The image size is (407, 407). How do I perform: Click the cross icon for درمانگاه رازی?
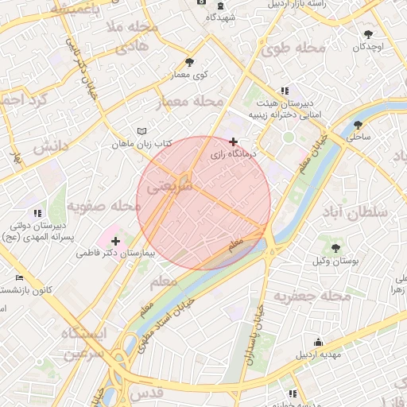pyautogui.click(x=233, y=141)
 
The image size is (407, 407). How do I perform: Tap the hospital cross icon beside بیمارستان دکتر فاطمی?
pyautogui.click(x=116, y=241)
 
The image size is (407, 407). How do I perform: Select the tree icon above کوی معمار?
pyautogui.click(x=188, y=62)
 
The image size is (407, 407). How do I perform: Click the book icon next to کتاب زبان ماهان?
pyautogui.click(x=141, y=130)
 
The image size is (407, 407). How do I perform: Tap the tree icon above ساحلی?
pyautogui.click(x=359, y=124)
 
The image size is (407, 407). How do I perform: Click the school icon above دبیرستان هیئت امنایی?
pyautogui.click(x=285, y=91)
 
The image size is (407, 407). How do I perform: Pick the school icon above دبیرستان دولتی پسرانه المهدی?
pyautogui.click(x=37, y=213)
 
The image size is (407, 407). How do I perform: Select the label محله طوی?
pyautogui.click(x=293, y=48)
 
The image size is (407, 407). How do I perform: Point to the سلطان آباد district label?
pyautogui.click(x=355, y=212)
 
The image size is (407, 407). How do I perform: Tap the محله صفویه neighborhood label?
pyautogui.click(x=103, y=206)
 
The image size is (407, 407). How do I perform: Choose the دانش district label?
pyautogui.click(x=48, y=146)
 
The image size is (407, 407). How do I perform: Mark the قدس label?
pyautogui.click(x=146, y=393)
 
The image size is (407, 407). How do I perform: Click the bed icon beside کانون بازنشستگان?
pyautogui.click(x=19, y=277)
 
